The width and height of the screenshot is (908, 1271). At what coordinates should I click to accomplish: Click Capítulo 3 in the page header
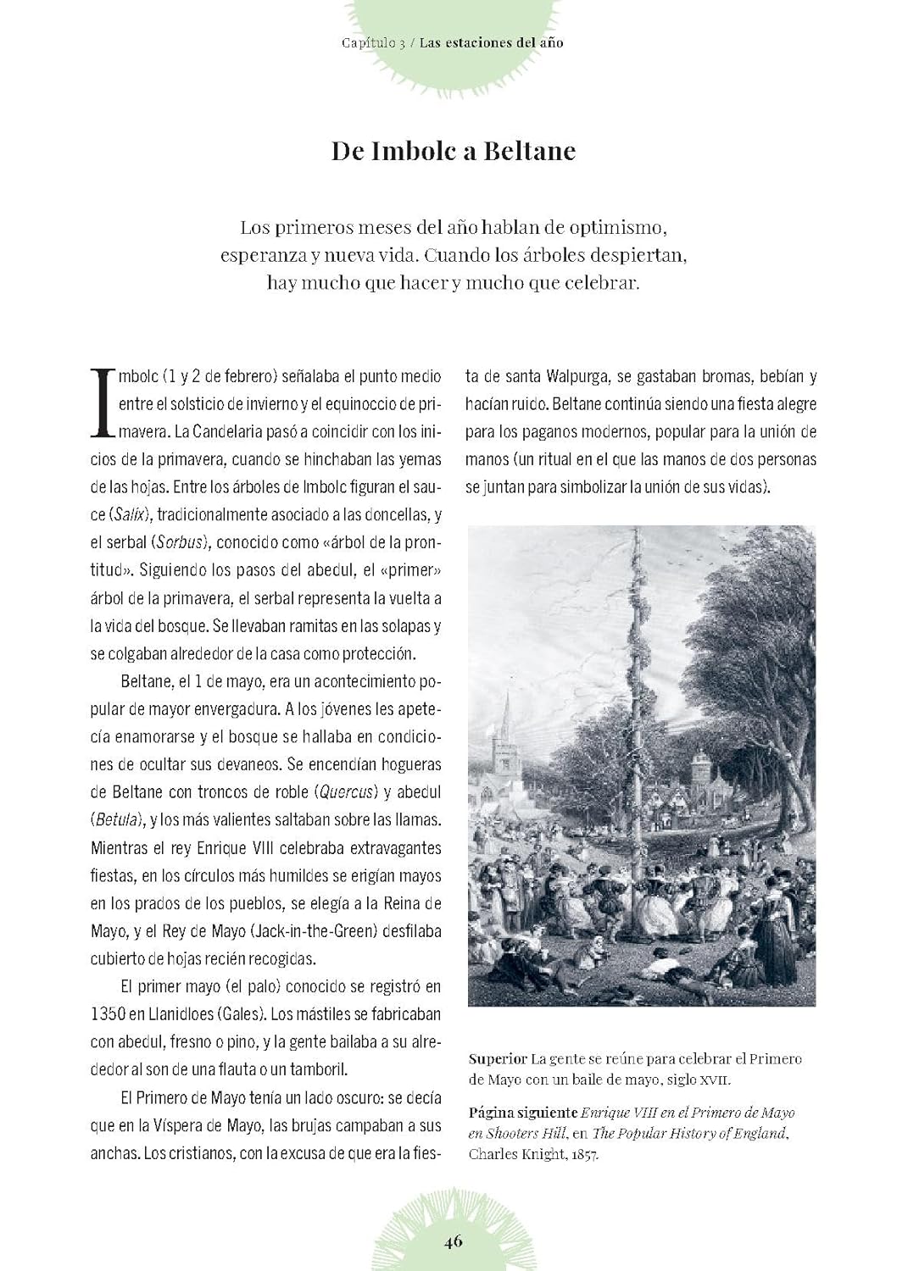tap(373, 42)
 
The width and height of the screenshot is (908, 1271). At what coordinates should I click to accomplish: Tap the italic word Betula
tap(118, 820)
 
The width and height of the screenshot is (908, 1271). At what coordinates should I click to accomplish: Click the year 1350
tap(109, 1014)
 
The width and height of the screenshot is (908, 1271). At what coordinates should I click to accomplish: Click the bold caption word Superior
tap(498, 1059)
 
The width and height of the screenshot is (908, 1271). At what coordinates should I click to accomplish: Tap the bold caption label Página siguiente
tap(522, 1113)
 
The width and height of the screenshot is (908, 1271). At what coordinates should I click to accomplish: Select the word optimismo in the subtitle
tap(619, 227)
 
